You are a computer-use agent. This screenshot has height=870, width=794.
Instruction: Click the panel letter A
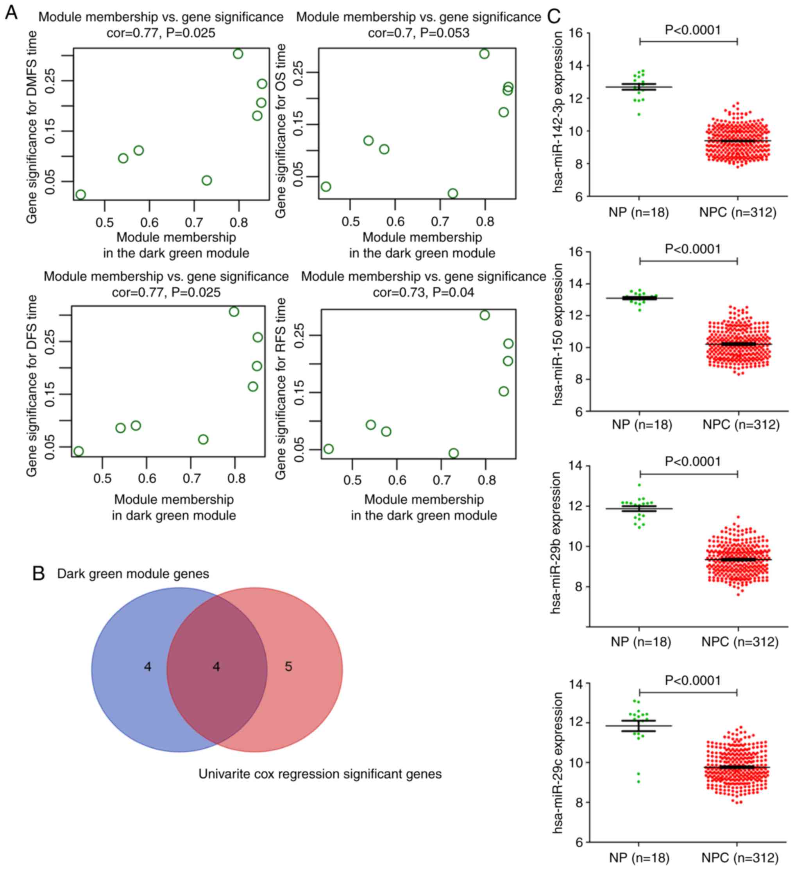tap(11, 13)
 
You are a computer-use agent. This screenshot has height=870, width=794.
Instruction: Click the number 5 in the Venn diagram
tap(288, 667)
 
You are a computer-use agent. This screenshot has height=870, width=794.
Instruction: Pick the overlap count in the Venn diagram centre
tap(216, 667)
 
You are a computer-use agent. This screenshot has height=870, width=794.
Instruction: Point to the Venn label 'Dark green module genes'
tap(133, 574)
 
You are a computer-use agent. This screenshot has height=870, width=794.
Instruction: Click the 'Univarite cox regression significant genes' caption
tap(320, 774)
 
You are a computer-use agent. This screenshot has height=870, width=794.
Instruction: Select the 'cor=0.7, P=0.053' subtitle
tap(418, 33)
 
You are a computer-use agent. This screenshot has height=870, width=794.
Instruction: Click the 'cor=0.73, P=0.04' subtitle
tap(423, 292)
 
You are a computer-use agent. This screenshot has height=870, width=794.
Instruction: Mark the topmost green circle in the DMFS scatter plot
tap(238, 54)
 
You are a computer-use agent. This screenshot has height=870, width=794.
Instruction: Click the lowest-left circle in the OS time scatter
tap(326, 186)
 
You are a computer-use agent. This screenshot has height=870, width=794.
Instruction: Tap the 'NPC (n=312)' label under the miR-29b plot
tap(740, 642)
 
